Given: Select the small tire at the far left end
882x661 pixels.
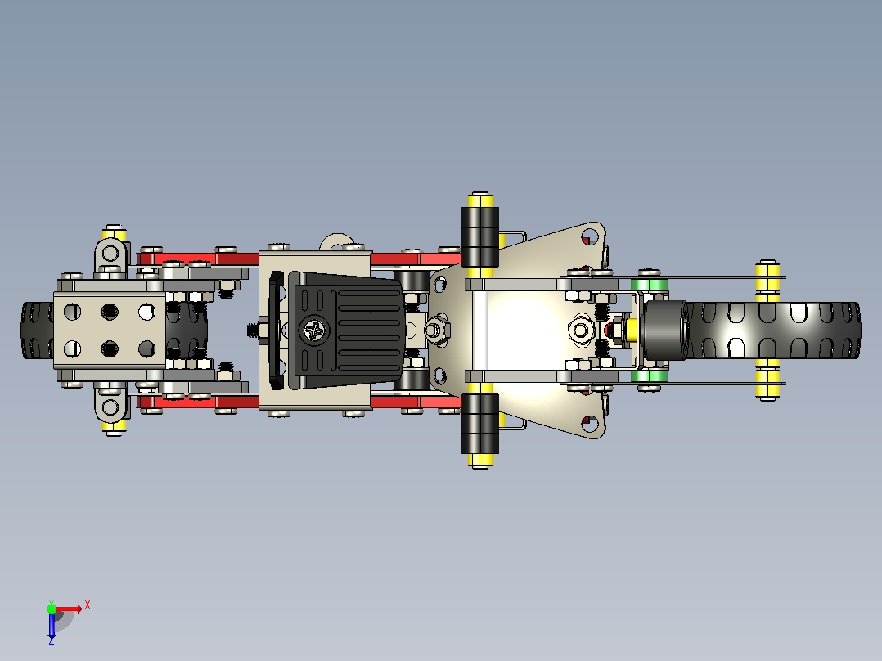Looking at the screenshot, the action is pyautogui.click(x=37, y=330).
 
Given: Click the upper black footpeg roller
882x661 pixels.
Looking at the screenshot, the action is pyautogui.click(x=479, y=237).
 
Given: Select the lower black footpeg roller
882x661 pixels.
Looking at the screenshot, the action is pyautogui.click(x=479, y=424).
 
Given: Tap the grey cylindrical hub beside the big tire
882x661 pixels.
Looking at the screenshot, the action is pyautogui.click(x=665, y=330).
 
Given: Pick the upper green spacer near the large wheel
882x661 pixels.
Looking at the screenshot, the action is pyautogui.click(x=649, y=284).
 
